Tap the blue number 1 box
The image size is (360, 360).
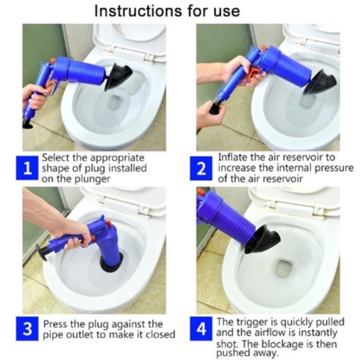[27, 168]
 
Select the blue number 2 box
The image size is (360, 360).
[201, 168]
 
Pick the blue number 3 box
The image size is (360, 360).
[27, 329]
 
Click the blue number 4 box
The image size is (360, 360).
[201, 329]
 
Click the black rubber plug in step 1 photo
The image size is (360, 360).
[118, 77]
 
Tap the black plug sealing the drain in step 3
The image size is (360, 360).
[111, 266]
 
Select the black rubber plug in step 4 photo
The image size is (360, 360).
[262, 240]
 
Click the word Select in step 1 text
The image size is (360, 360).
[55, 158]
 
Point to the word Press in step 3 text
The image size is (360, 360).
[55, 324]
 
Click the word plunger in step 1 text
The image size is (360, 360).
[94, 179]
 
